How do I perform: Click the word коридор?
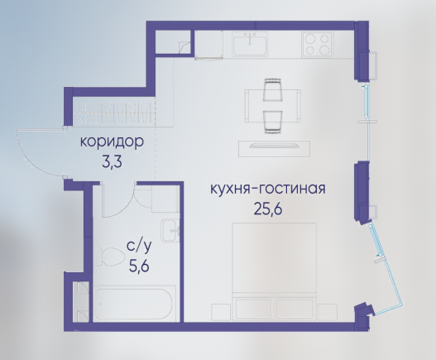point(112,142)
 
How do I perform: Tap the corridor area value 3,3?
point(112,162)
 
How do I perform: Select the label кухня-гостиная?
point(268,190)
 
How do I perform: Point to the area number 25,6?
point(268,209)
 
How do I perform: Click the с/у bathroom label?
point(139,247)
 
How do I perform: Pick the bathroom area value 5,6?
point(139,266)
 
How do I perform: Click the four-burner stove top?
point(317,45)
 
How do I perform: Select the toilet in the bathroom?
point(108,257)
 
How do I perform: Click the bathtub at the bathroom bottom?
point(134,304)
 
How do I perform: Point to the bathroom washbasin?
point(170,231)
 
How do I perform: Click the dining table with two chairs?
point(272,106)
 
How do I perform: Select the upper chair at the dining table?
point(273,89)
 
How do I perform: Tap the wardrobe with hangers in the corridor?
point(115,113)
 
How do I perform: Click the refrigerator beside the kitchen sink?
point(208,45)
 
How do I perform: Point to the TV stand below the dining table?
point(274,149)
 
